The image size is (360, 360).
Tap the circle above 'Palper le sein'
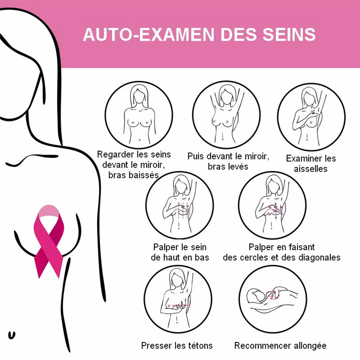coord(179,205)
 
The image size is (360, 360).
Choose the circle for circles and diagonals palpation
coord(272,205)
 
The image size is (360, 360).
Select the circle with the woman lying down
coord(272,299)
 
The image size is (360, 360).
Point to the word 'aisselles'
coord(311,169)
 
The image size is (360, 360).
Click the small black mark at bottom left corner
coord(12,335)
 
